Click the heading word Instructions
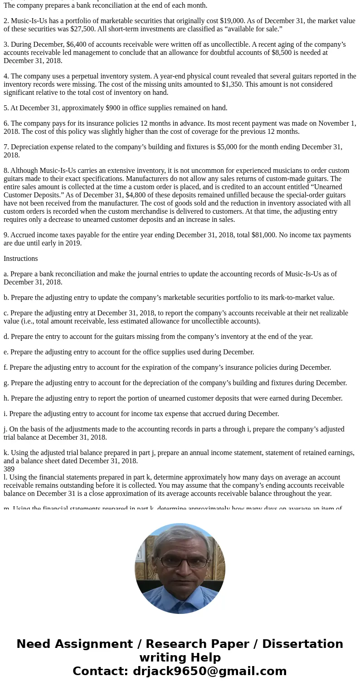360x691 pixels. tap(21, 259)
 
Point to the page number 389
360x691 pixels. tap(9, 469)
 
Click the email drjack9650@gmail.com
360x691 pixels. tap(209, 671)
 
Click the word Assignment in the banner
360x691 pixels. tap(92, 644)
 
